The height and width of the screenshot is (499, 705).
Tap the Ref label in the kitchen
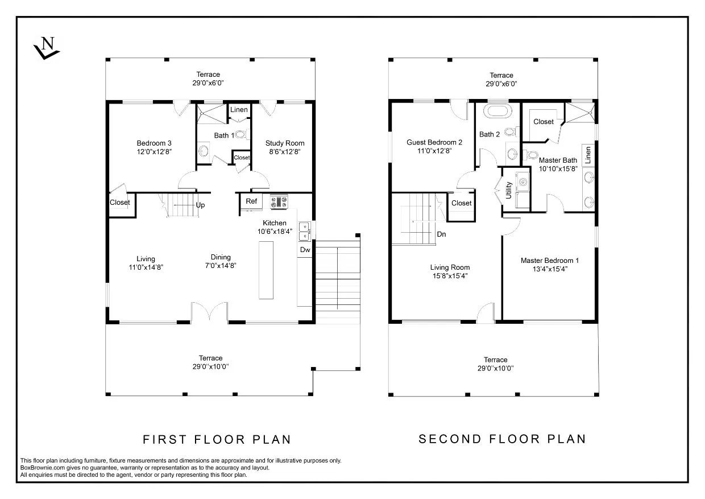point(251,201)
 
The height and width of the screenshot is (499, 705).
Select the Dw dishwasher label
point(305,250)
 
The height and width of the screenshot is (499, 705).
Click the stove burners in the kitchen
point(279,201)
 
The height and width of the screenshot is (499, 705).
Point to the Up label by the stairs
point(200,205)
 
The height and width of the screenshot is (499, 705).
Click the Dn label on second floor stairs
point(441,234)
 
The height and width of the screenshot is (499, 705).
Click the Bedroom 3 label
point(154,143)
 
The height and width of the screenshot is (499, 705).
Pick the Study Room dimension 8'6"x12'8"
point(285,151)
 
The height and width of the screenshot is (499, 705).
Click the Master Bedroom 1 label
point(549,261)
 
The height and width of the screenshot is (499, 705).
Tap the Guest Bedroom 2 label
point(434,142)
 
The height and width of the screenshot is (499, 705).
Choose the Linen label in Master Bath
point(588,155)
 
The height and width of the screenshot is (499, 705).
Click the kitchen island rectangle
point(266,270)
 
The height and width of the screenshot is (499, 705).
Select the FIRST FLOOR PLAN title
point(216,439)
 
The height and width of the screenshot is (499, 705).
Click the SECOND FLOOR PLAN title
point(501,439)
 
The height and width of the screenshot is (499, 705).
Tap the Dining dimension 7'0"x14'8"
point(221,265)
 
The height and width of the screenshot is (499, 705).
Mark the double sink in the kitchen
point(305,230)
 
